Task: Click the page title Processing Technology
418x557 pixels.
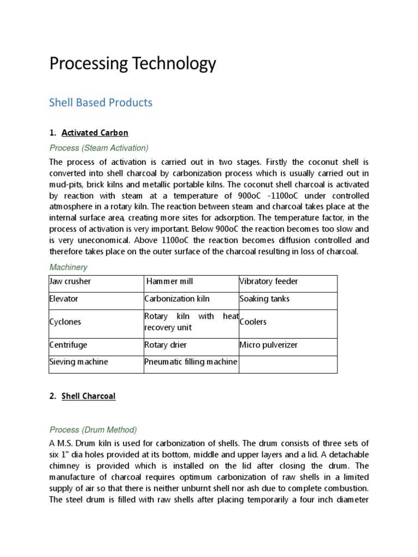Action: [132, 64]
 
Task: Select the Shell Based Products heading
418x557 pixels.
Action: [101, 102]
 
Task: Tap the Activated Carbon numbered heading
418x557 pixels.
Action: [95, 133]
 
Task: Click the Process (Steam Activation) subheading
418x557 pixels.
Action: [99, 148]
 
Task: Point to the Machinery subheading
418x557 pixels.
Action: [68, 267]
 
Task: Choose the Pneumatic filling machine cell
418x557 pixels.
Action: [190, 362]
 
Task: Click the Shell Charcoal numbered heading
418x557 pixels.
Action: [88, 397]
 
